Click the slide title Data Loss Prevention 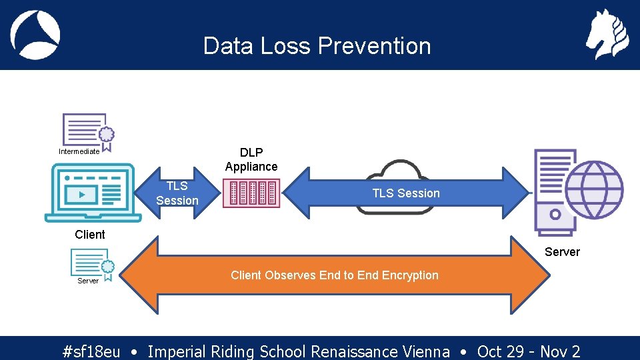coord(317,46)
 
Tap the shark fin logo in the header coord(35,35)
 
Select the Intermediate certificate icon coord(87,130)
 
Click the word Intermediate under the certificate coord(79,151)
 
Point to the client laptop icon coord(93,193)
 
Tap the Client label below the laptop coord(90,235)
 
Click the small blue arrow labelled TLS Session coord(177,193)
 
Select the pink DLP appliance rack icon coord(251,193)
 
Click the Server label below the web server coord(562,252)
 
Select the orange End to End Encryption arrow coord(334,275)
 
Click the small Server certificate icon coord(92,263)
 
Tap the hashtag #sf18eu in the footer coord(91,351)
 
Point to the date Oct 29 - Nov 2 coord(529,351)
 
